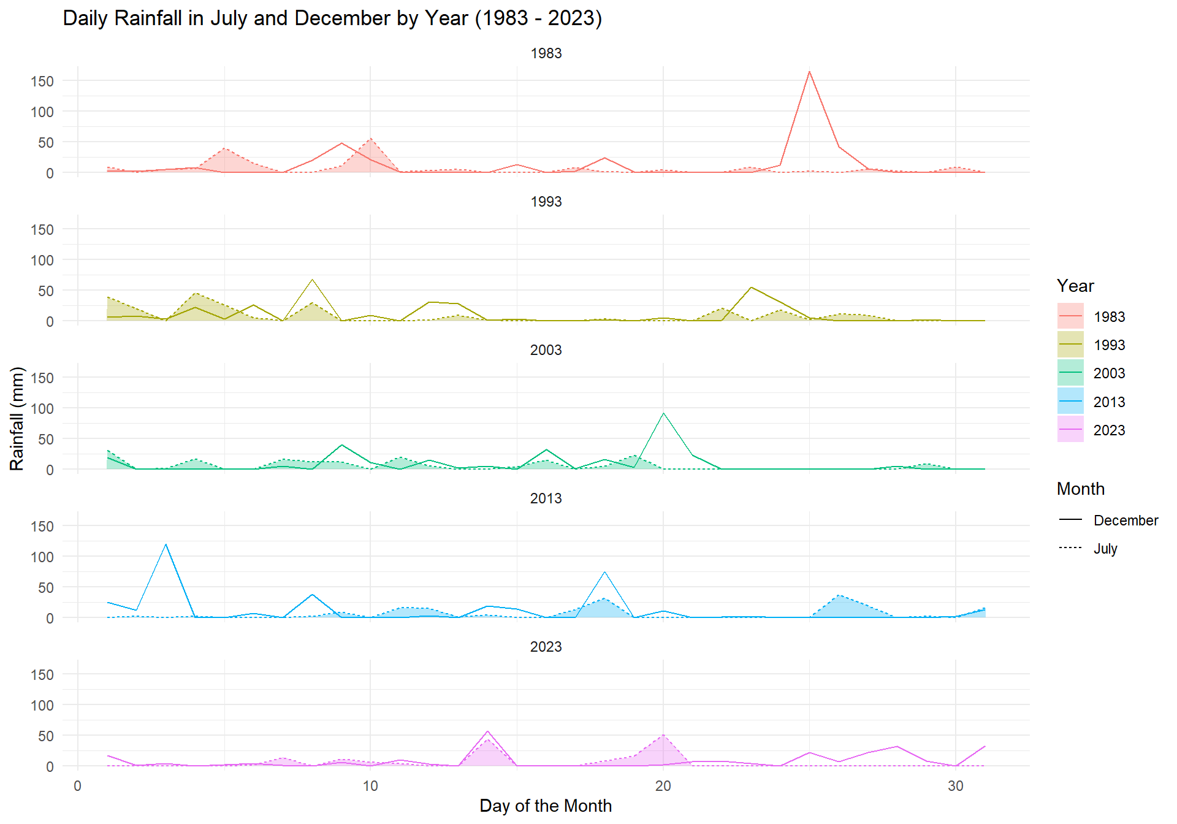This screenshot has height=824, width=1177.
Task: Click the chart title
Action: (x=332, y=18)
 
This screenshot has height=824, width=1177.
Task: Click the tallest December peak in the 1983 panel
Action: (x=809, y=72)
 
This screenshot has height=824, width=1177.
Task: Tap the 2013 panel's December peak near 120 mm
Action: (x=166, y=544)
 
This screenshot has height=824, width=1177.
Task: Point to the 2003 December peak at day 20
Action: (x=663, y=414)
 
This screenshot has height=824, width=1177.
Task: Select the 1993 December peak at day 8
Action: (x=312, y=280)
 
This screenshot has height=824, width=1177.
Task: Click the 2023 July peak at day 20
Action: (x=663, y=735)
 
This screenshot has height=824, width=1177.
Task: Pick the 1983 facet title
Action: (x=546, y=53)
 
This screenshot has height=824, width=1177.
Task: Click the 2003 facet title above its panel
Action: (x=546, y=350)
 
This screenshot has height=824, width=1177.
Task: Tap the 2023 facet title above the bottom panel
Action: (x=546, y=647)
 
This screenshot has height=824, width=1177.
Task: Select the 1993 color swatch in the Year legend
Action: (x=1070, y=345)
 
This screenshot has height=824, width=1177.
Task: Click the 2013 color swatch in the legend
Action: (x=1070, y=402)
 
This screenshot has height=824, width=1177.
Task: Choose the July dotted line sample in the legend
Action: (x=1070, y=548)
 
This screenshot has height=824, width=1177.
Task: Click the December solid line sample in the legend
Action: (x=1070, y=520)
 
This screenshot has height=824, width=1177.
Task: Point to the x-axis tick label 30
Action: (x=956, y=786)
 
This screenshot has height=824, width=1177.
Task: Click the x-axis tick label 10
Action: (x=370, y=786)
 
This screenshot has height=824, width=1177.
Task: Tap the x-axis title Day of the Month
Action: (x=546, y=806)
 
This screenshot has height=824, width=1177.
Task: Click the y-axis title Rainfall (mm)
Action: (x=17, y=418)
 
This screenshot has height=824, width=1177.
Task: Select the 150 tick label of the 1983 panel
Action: (x=42, y=82)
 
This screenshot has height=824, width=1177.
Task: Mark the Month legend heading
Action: (x=1081, y=489)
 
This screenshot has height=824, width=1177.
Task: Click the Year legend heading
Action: (x=1075, y=286)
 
